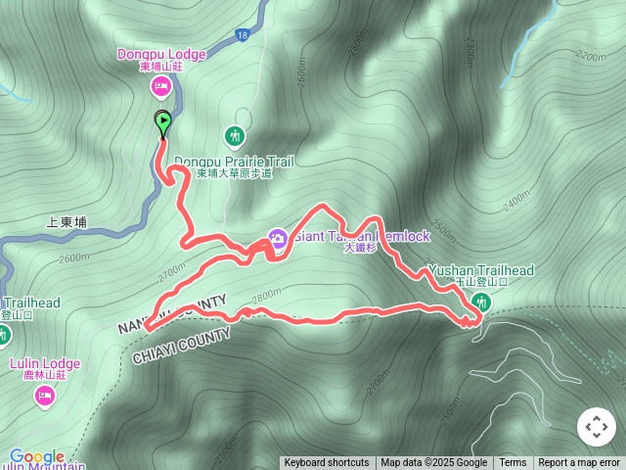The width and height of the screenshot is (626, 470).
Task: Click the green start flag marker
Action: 163,123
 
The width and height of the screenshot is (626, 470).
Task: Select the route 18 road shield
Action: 242,35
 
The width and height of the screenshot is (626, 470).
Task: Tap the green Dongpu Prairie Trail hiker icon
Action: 234,135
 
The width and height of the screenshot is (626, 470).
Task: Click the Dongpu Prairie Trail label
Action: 234,162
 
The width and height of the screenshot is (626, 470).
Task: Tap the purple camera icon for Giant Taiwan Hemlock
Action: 277,238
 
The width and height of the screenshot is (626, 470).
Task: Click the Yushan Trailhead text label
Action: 480,270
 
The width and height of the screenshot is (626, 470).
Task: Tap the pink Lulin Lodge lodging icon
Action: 45,396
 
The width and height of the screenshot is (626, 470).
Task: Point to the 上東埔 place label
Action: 67,222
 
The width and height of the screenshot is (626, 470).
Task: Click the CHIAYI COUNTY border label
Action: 182,348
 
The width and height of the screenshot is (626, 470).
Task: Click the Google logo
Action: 37,456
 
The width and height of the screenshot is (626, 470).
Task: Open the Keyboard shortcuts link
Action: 327,463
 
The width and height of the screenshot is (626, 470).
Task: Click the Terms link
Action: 513,463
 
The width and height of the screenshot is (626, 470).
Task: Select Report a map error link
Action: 579,463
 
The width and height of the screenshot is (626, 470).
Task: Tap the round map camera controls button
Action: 597,427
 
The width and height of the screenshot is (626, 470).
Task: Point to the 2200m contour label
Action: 592,57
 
